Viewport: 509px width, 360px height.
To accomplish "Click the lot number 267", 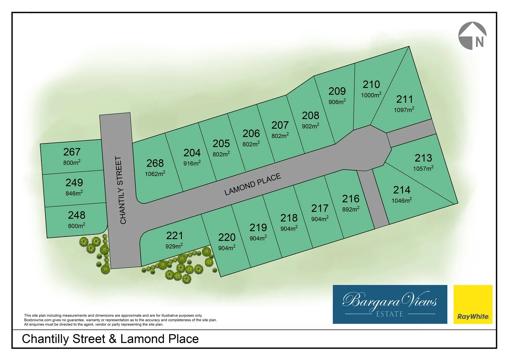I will click(x=72, y=152).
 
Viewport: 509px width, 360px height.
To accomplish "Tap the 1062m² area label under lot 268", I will click(x=155, y=174).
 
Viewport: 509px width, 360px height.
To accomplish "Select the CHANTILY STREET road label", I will click(x=121, y=190).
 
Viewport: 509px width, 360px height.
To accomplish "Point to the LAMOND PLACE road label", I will click(x=252, y=184).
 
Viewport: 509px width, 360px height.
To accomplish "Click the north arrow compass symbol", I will click(x=473, y=36).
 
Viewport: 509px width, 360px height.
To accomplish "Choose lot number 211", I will click(x=404, y=99).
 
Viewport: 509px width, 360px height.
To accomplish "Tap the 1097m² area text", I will click(x=404, y=110).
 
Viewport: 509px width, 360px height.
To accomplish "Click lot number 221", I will click(x=174, y=236).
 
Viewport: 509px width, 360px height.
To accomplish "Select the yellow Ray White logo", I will click(x=473, y=304).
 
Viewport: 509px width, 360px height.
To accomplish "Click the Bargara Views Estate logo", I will click(x=390, y=304).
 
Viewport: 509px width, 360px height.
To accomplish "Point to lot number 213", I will click(x=423, y=158).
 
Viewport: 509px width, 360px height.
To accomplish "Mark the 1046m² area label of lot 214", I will click(x=402, y=200).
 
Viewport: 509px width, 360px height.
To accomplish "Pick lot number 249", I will click(x=74, y=183).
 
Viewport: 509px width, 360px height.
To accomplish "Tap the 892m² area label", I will click(x=351, y=209).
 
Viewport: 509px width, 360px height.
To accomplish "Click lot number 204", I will click(x=192, y=153).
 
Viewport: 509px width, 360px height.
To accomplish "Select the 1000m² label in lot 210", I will click(x=371, y=95).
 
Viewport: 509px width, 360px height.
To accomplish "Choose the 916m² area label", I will click(x=192, y=163).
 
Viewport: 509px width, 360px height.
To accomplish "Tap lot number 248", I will click(x=77, y=215).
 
